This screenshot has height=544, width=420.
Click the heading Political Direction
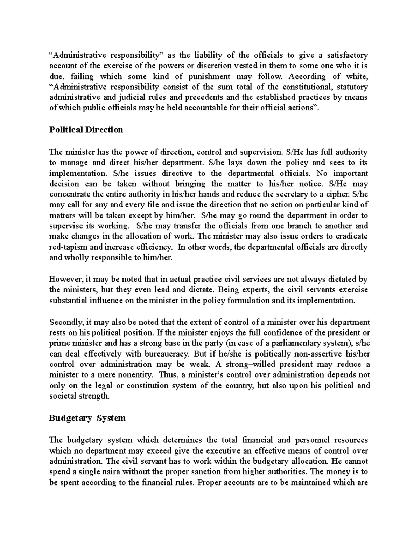click(x=86, y=130)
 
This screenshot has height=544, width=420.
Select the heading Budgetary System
click(x=87, y=418)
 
